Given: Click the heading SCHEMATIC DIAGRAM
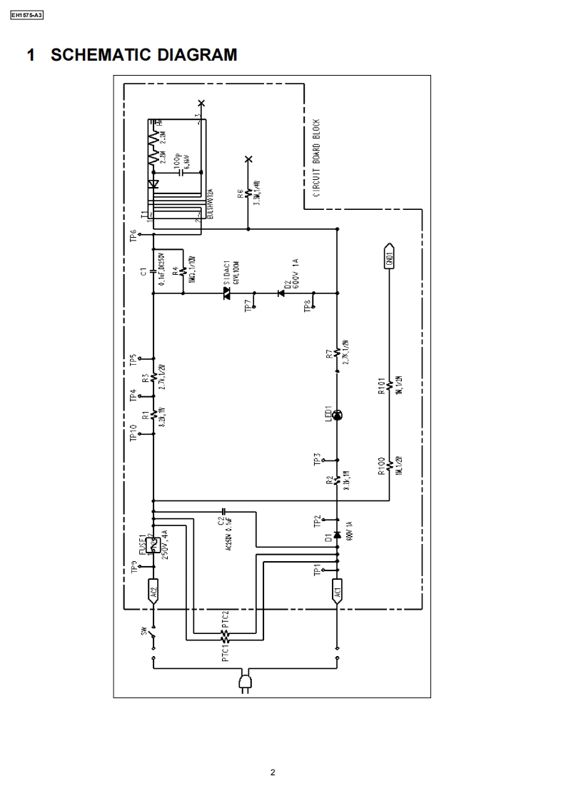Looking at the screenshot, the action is point(131,55).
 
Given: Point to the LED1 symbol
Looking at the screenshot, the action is point(338,415).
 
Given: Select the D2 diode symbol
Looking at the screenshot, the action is point(281,293).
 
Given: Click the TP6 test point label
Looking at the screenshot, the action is point(133,235).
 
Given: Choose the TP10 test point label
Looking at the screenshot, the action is point(133,433).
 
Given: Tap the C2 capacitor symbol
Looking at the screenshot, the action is point(224,512).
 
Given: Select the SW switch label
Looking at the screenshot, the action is point(143,631).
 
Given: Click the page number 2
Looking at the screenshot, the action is point(273,772).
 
